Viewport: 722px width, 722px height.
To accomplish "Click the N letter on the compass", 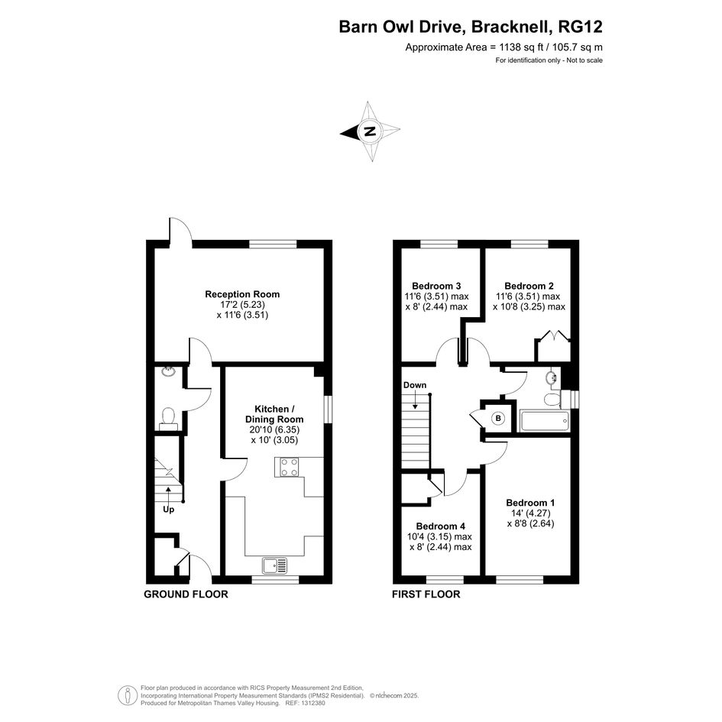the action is coord(369,131).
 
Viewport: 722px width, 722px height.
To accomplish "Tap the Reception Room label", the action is coord(242,294).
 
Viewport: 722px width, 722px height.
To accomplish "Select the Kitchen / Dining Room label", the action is coord(274,414).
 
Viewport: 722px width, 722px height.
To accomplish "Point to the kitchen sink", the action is coord(274,565).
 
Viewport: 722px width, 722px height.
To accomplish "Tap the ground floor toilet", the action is coord(168,419).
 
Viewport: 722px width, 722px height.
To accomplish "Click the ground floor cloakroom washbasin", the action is coord(169,371).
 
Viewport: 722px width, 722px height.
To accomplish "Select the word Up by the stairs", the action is coord(169,510).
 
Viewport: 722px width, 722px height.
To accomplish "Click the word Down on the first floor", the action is coord(415,385).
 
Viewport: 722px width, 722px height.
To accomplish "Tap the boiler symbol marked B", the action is coord(497,419).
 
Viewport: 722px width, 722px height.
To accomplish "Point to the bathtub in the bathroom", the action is coord(545,421).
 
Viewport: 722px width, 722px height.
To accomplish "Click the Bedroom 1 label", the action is coord(530,503).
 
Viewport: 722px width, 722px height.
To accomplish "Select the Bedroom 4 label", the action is coord(441,526).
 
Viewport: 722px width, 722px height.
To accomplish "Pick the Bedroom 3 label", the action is coord(436,286).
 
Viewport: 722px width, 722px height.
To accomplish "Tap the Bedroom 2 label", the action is coord(529,286).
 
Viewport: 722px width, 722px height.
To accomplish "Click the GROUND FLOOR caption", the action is coord(186,594).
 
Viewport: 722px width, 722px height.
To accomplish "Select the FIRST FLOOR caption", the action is coord(426,594).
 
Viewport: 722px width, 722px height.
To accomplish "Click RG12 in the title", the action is coord(580,27).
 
